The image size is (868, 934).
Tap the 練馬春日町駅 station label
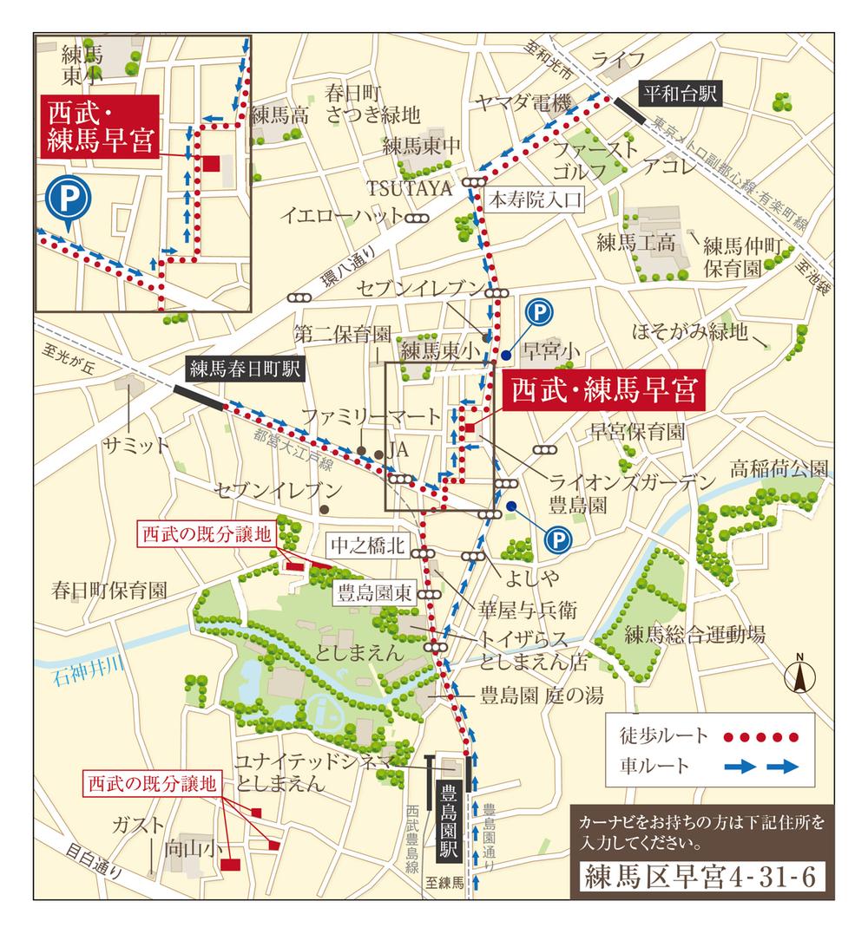(x=244, y=370)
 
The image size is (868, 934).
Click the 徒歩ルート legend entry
(x=655, y=737)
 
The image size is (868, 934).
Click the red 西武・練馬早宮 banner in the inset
(x=101, y=127)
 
